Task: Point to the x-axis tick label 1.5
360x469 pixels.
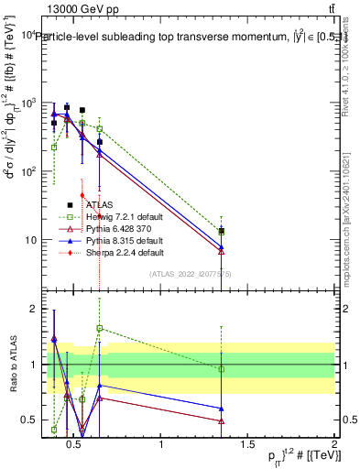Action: tap(247, 444)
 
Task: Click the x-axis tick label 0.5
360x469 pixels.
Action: tap(75, 444)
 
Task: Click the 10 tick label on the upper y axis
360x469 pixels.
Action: tap(28, 240)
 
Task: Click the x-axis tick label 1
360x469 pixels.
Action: tap(162, 444)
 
